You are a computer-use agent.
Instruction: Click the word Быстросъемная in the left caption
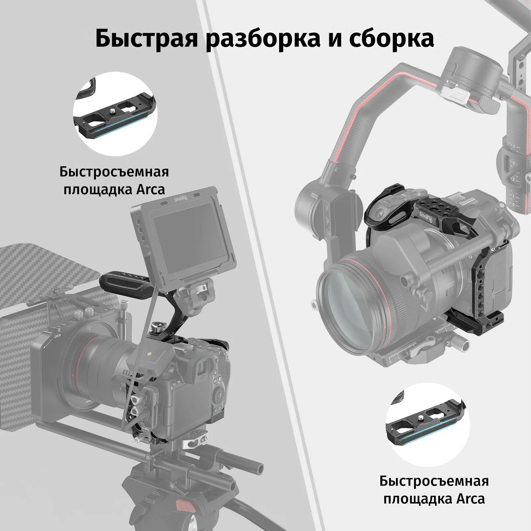tap(114, 172)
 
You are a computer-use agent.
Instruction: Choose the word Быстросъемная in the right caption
tap(434, 481)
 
